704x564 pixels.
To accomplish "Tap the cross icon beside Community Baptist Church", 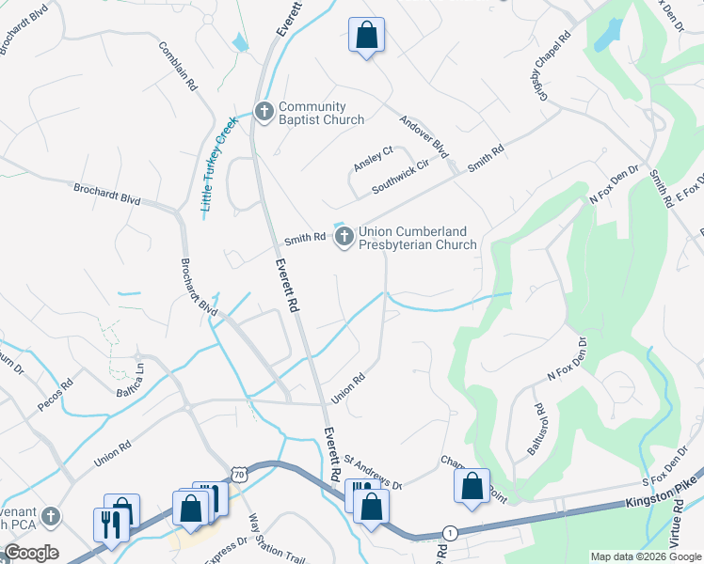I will tap(264, 113).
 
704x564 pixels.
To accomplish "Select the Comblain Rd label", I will tap(178, 66).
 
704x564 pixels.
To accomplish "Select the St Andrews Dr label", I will tap(373, 473).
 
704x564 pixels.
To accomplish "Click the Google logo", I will tap(31, 553).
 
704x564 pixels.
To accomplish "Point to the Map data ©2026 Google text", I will tap(645, 556).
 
